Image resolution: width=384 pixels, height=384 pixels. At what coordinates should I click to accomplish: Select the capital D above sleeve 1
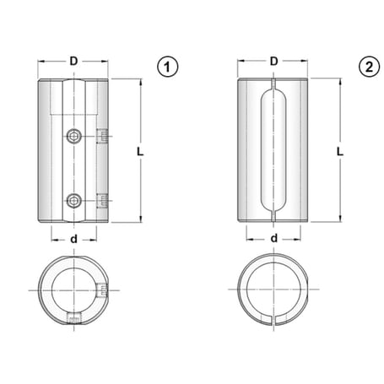pyautogui.click(x=73, y=61)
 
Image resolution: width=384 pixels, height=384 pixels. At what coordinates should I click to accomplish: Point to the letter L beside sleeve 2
pyautogui.click(x=339, y=151)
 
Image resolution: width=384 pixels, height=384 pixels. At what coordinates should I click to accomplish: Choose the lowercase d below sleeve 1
pyautogui.click(x=74, y=239)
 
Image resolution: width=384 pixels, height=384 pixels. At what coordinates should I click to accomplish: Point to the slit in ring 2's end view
pyautogui.click(x=275, y=319)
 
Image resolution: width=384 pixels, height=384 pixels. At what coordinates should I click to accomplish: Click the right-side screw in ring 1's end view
pyautogui.click(x=102, y=291)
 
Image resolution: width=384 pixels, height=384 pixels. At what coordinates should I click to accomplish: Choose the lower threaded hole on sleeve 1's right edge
pyautogui.click(x=102, y=200)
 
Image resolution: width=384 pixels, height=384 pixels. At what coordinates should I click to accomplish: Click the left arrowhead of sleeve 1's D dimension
pyautogui.click(x=43, y=62)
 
